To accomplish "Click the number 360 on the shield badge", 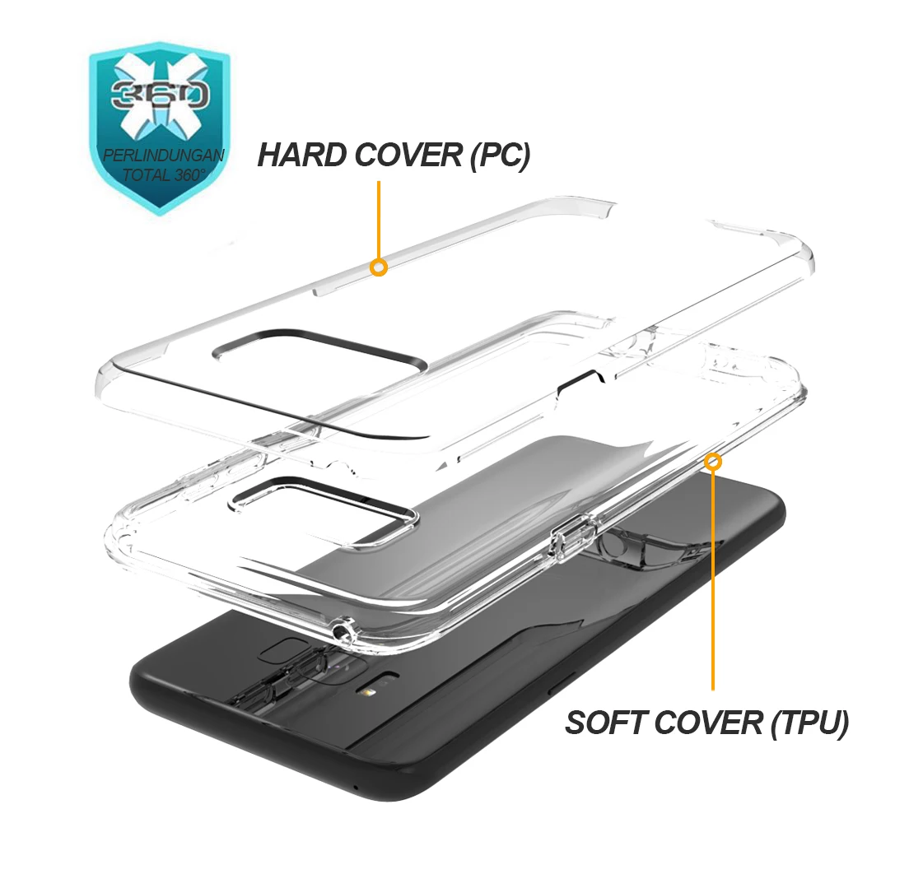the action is (160, 95).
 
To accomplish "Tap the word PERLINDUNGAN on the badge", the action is (164, 156).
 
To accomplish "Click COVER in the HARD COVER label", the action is (409, 156).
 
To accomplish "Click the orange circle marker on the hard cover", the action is (379, 267).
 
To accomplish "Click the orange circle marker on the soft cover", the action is (713, 462).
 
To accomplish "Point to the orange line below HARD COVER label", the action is (379, 220).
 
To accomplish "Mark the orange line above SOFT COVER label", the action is (713, 579).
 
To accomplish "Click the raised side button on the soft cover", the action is (571, 535).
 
